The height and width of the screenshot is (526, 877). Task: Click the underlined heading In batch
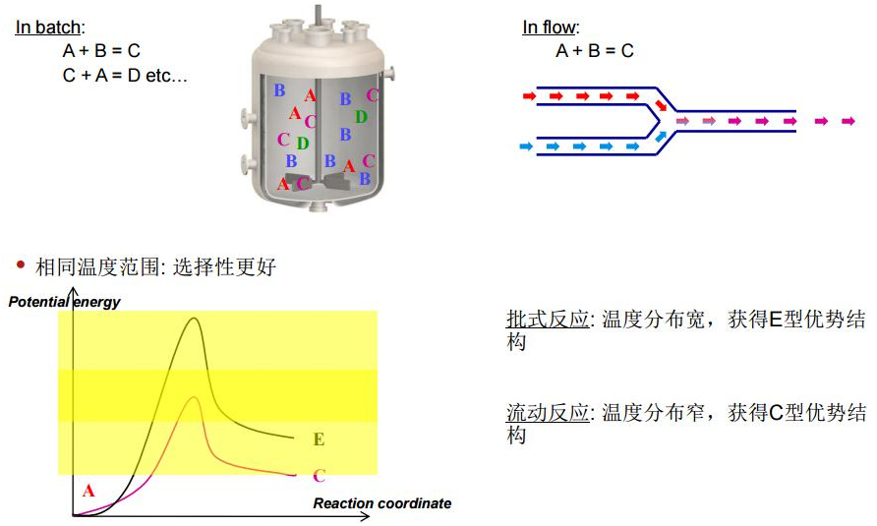[48, 27]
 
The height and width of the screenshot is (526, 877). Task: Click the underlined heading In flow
[549, 27]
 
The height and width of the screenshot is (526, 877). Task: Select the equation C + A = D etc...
[125, 75]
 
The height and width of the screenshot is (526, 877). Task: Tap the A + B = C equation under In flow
[595, 51]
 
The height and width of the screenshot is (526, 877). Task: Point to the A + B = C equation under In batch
[101, 51]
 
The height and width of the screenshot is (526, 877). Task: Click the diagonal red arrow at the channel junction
[661, 106]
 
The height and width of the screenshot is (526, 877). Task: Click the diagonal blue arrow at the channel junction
[661, 136]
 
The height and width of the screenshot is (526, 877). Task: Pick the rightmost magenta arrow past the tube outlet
[848, 121]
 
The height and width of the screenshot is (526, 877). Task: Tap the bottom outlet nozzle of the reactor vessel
[319, 207]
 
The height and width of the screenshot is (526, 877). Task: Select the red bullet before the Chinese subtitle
[22, 264]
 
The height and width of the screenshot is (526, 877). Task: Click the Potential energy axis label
[64, 302]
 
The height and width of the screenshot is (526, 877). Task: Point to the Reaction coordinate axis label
[382, 503]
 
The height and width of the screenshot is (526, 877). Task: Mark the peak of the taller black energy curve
[194, 319]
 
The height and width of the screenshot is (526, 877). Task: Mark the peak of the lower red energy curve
[194, 397]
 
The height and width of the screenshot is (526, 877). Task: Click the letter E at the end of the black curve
[319, 439]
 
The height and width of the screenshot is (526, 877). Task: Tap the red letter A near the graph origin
[88, 492]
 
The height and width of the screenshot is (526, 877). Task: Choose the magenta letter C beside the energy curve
[319, 476]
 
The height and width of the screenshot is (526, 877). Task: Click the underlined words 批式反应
[548, 320]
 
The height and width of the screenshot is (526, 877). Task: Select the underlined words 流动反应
[548, 413]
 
